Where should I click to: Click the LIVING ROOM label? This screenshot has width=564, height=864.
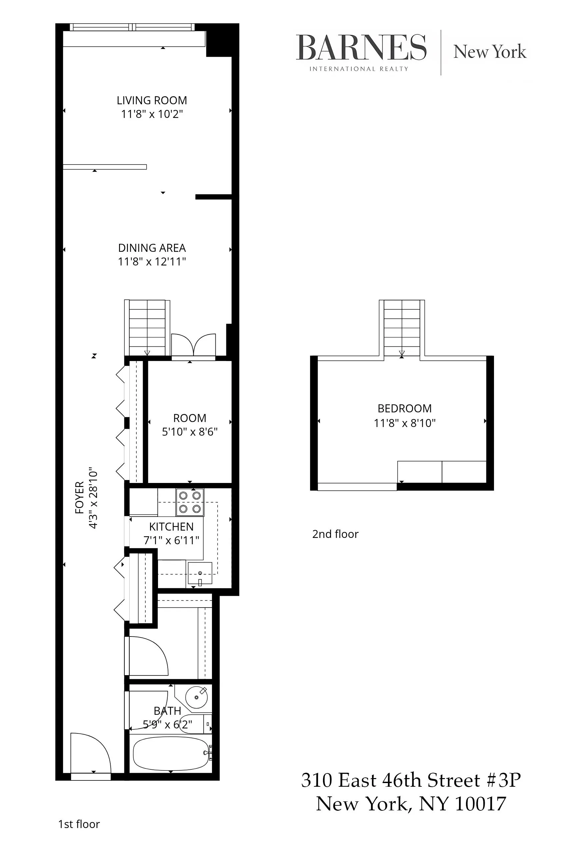152,100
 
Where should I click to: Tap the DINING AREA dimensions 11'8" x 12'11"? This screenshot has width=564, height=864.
152,261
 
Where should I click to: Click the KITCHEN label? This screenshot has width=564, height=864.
171,526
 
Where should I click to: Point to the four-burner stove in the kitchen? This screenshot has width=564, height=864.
190,502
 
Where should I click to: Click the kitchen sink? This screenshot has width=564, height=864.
200,573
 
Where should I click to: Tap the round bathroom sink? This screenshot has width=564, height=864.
196,697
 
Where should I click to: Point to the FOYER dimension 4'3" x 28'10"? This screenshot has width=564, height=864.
93,498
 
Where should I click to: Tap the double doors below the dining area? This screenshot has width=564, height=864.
193,345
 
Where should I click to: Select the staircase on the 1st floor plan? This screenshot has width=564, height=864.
147,327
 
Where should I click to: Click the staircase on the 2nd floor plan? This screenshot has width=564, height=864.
402,327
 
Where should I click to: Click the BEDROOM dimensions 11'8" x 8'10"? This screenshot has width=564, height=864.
404,423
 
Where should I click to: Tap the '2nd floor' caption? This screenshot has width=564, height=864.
335,534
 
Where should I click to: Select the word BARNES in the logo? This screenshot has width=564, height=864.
361,48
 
